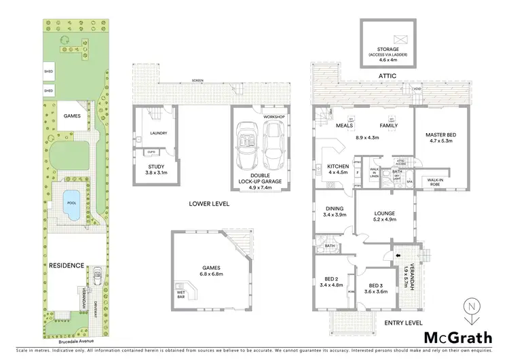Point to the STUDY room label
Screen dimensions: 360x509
155,170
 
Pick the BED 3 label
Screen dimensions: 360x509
377,288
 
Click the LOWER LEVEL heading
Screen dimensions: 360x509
210,204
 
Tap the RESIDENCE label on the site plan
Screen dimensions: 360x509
66,265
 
